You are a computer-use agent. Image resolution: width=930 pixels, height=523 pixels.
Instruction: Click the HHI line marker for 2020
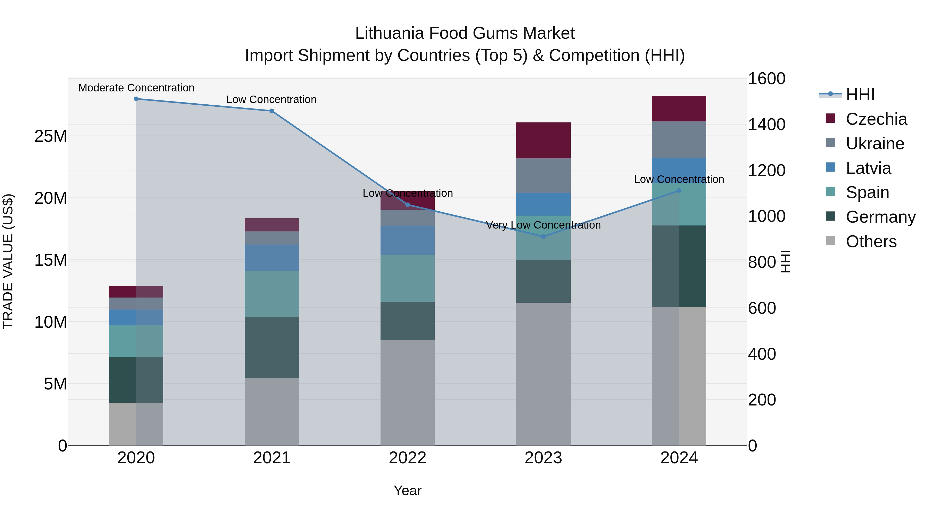[x=136, y=99]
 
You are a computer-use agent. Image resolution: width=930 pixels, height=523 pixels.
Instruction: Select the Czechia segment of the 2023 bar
[x=543, y=140]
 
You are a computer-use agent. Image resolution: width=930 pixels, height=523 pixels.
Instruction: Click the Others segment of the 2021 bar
[x=272, y=412]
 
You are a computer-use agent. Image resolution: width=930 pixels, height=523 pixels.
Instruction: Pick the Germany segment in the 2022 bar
[x=408, y=321]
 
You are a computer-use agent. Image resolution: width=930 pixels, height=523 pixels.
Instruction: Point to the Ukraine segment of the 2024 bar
[x=679, y=140]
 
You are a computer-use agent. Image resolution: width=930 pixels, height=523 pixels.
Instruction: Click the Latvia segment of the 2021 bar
[x=272, y=258]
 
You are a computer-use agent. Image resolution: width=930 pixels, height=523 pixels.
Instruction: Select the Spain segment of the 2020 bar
[x=136, y=341]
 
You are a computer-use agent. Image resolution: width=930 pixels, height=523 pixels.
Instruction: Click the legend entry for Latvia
[x=868, y=168]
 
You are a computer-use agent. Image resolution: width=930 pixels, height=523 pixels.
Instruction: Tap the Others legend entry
[x=871, y=241]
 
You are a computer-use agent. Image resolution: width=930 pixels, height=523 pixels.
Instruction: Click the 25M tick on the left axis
[x=51, y=136]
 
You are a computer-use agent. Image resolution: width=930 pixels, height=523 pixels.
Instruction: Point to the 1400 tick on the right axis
[x=766, y=124]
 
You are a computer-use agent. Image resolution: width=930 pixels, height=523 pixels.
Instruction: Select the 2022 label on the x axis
[x=408, y=458]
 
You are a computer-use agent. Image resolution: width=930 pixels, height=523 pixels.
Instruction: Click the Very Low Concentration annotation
[x=543, y=225]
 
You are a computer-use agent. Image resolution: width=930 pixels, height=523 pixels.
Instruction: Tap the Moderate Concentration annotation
[x=136, y=88]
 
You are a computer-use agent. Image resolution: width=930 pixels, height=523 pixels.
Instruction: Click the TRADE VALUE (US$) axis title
[x=8, y=262]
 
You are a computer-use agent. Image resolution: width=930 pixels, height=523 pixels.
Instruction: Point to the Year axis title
[x=408, y=490]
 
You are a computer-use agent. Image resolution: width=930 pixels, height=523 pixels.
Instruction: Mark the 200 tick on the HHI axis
[x=762, y=400]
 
